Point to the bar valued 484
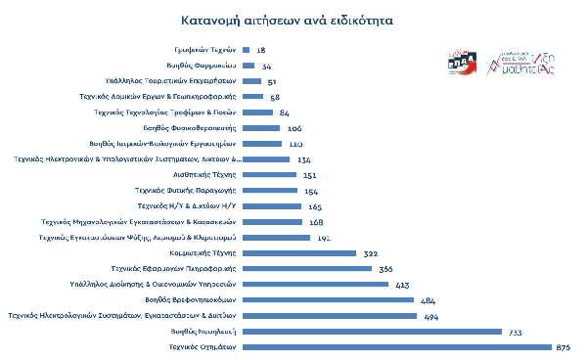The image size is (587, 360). point(327,300)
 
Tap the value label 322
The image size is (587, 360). point(370,253)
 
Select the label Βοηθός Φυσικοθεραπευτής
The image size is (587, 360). point(198,127)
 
